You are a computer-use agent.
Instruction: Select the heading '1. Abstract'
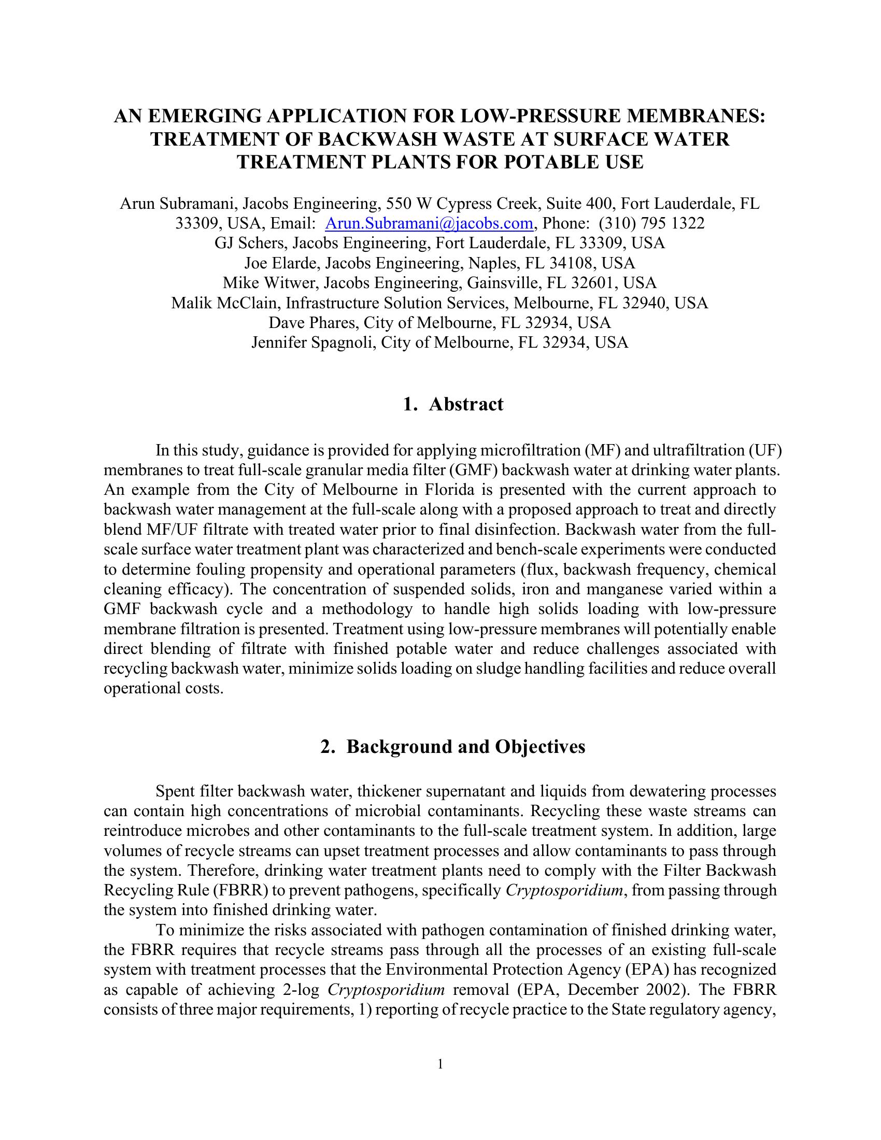(453, 405)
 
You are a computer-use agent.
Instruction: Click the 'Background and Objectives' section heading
(465, 747)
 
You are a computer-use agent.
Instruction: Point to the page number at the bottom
(440, 1064)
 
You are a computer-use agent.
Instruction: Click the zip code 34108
(570, 263)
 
